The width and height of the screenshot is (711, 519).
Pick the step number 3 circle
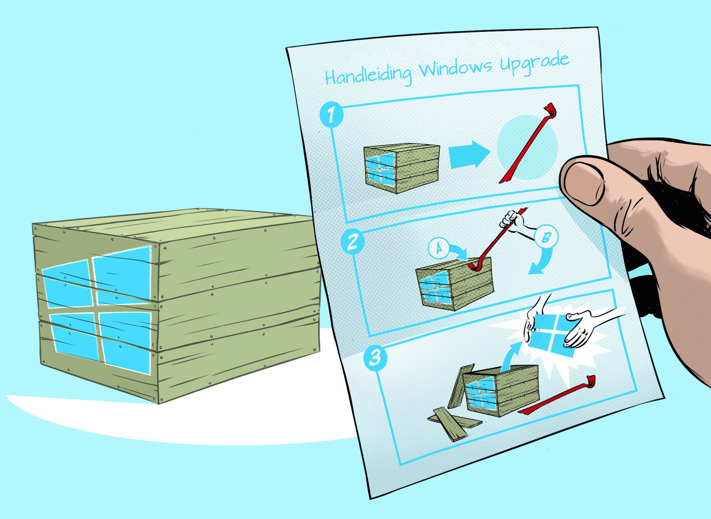point(375,358)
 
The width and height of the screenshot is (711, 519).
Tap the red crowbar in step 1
point(527,143)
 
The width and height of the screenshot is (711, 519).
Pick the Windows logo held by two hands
point(550,335)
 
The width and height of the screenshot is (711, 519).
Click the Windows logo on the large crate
point(98,309)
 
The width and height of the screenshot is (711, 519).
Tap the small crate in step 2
point(455,283)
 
